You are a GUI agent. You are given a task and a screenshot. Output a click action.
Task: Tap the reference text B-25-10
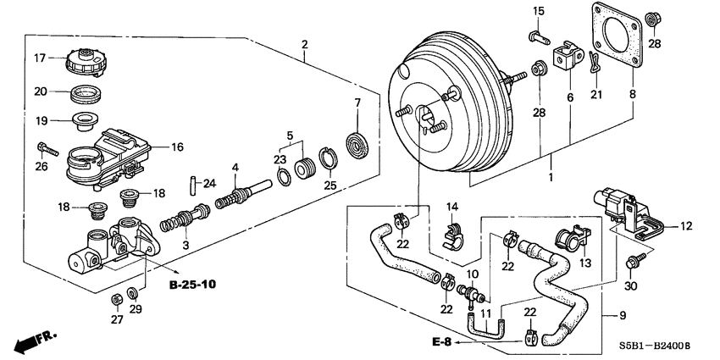click(192, 284)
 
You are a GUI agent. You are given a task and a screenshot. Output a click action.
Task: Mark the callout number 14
click(452, 207)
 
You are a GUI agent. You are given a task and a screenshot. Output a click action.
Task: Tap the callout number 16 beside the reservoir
click(176, 147)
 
